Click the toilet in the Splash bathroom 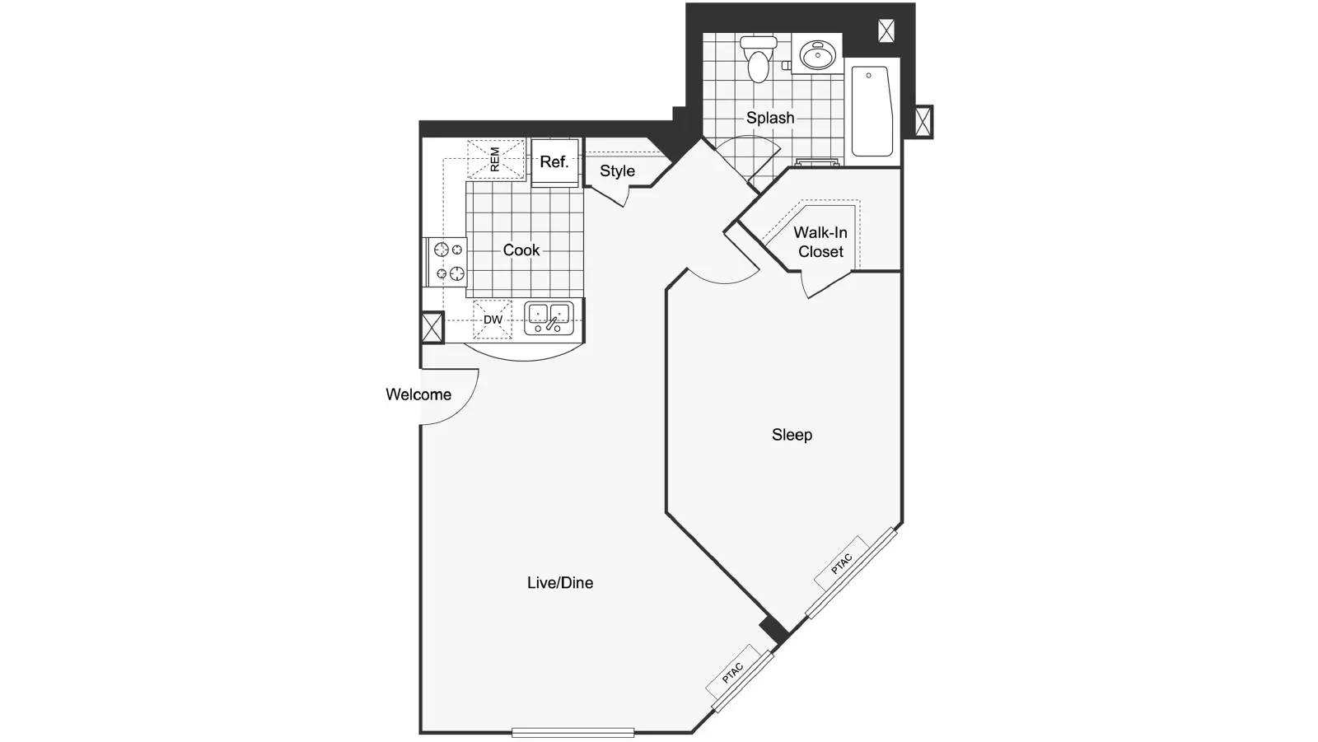click(759, 58)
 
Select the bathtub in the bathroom click(872, 111)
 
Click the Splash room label click(770, 118)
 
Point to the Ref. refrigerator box click(555, 162)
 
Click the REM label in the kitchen click(494, 160)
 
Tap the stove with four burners click(446, 262)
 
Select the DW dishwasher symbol click(493, 320)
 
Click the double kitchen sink click(549, 319)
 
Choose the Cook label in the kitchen click(521, 250)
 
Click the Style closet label click(617, 171)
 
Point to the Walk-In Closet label click(820, 242)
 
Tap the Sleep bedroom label click(792, 435)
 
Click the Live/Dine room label click(560, 582)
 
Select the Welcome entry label click(418, 394)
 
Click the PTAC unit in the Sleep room click(842, 563)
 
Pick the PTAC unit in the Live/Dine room click(733, 672)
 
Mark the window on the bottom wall click(573, 733)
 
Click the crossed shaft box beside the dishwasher click(432, 328)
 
